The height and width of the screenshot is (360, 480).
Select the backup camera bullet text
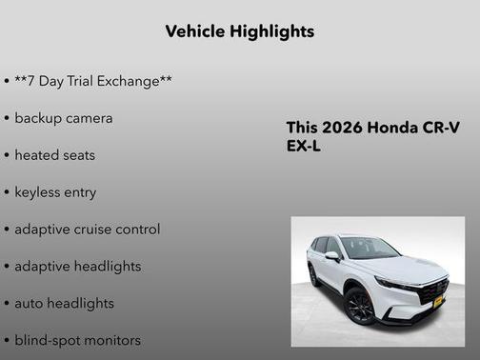pyautogui.click(x=63, y=118)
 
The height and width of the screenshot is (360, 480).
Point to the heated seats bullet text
pyautogui.click(x=54, y=155)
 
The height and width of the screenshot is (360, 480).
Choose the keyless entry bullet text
pyautogui.click(x=55, y=192)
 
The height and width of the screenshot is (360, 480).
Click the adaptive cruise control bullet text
pyautogui.click(x=87, y=230)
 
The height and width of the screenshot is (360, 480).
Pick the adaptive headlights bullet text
pyautogui.click(x=77, y=267)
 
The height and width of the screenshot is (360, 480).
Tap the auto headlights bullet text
pyautogui.click(x=64, y=303)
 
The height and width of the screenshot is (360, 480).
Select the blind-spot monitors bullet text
pyautogui.click(x=77, y=340)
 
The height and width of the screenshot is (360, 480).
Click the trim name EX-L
pyautogui.click(x=304, y=148)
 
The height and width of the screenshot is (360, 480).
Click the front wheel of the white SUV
pyautogui.click(x=361, y=307)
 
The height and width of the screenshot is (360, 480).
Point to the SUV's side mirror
pyautogui.click(x=331, y=256)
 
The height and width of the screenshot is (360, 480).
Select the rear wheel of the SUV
pyautogui.click(x=314, y=276)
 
